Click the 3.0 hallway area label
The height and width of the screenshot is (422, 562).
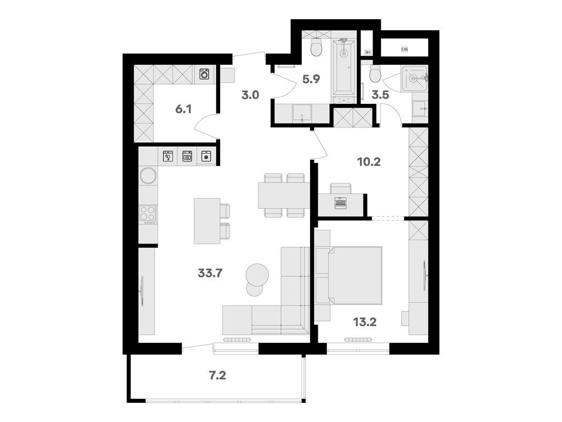pyautogui.click(x=250, y=95)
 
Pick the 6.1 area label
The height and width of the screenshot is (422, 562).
pyautogui.click(x=183, y=109)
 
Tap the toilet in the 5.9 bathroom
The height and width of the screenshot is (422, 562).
pyautogui.click(x=316, y=48)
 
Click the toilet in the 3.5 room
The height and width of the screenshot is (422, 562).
pyautogui.click(x=375, y=74)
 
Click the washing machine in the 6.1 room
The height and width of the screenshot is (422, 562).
pyautogui.click(x=204, y=74)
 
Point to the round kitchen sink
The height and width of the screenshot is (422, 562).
pyautogui.click(x=148, y=175)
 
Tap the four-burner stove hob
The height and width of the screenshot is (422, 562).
pyautogui.click(x=148, y=214)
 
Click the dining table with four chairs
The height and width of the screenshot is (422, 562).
pyautogui.click(x=284, y=195)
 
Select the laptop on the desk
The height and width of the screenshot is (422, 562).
pyautogui.click(x=340, y=202)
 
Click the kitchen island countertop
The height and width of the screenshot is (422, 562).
pyautogui.click(x=206, y=220)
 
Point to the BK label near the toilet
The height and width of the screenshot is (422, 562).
pyautogui.click(x=368, y=52)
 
